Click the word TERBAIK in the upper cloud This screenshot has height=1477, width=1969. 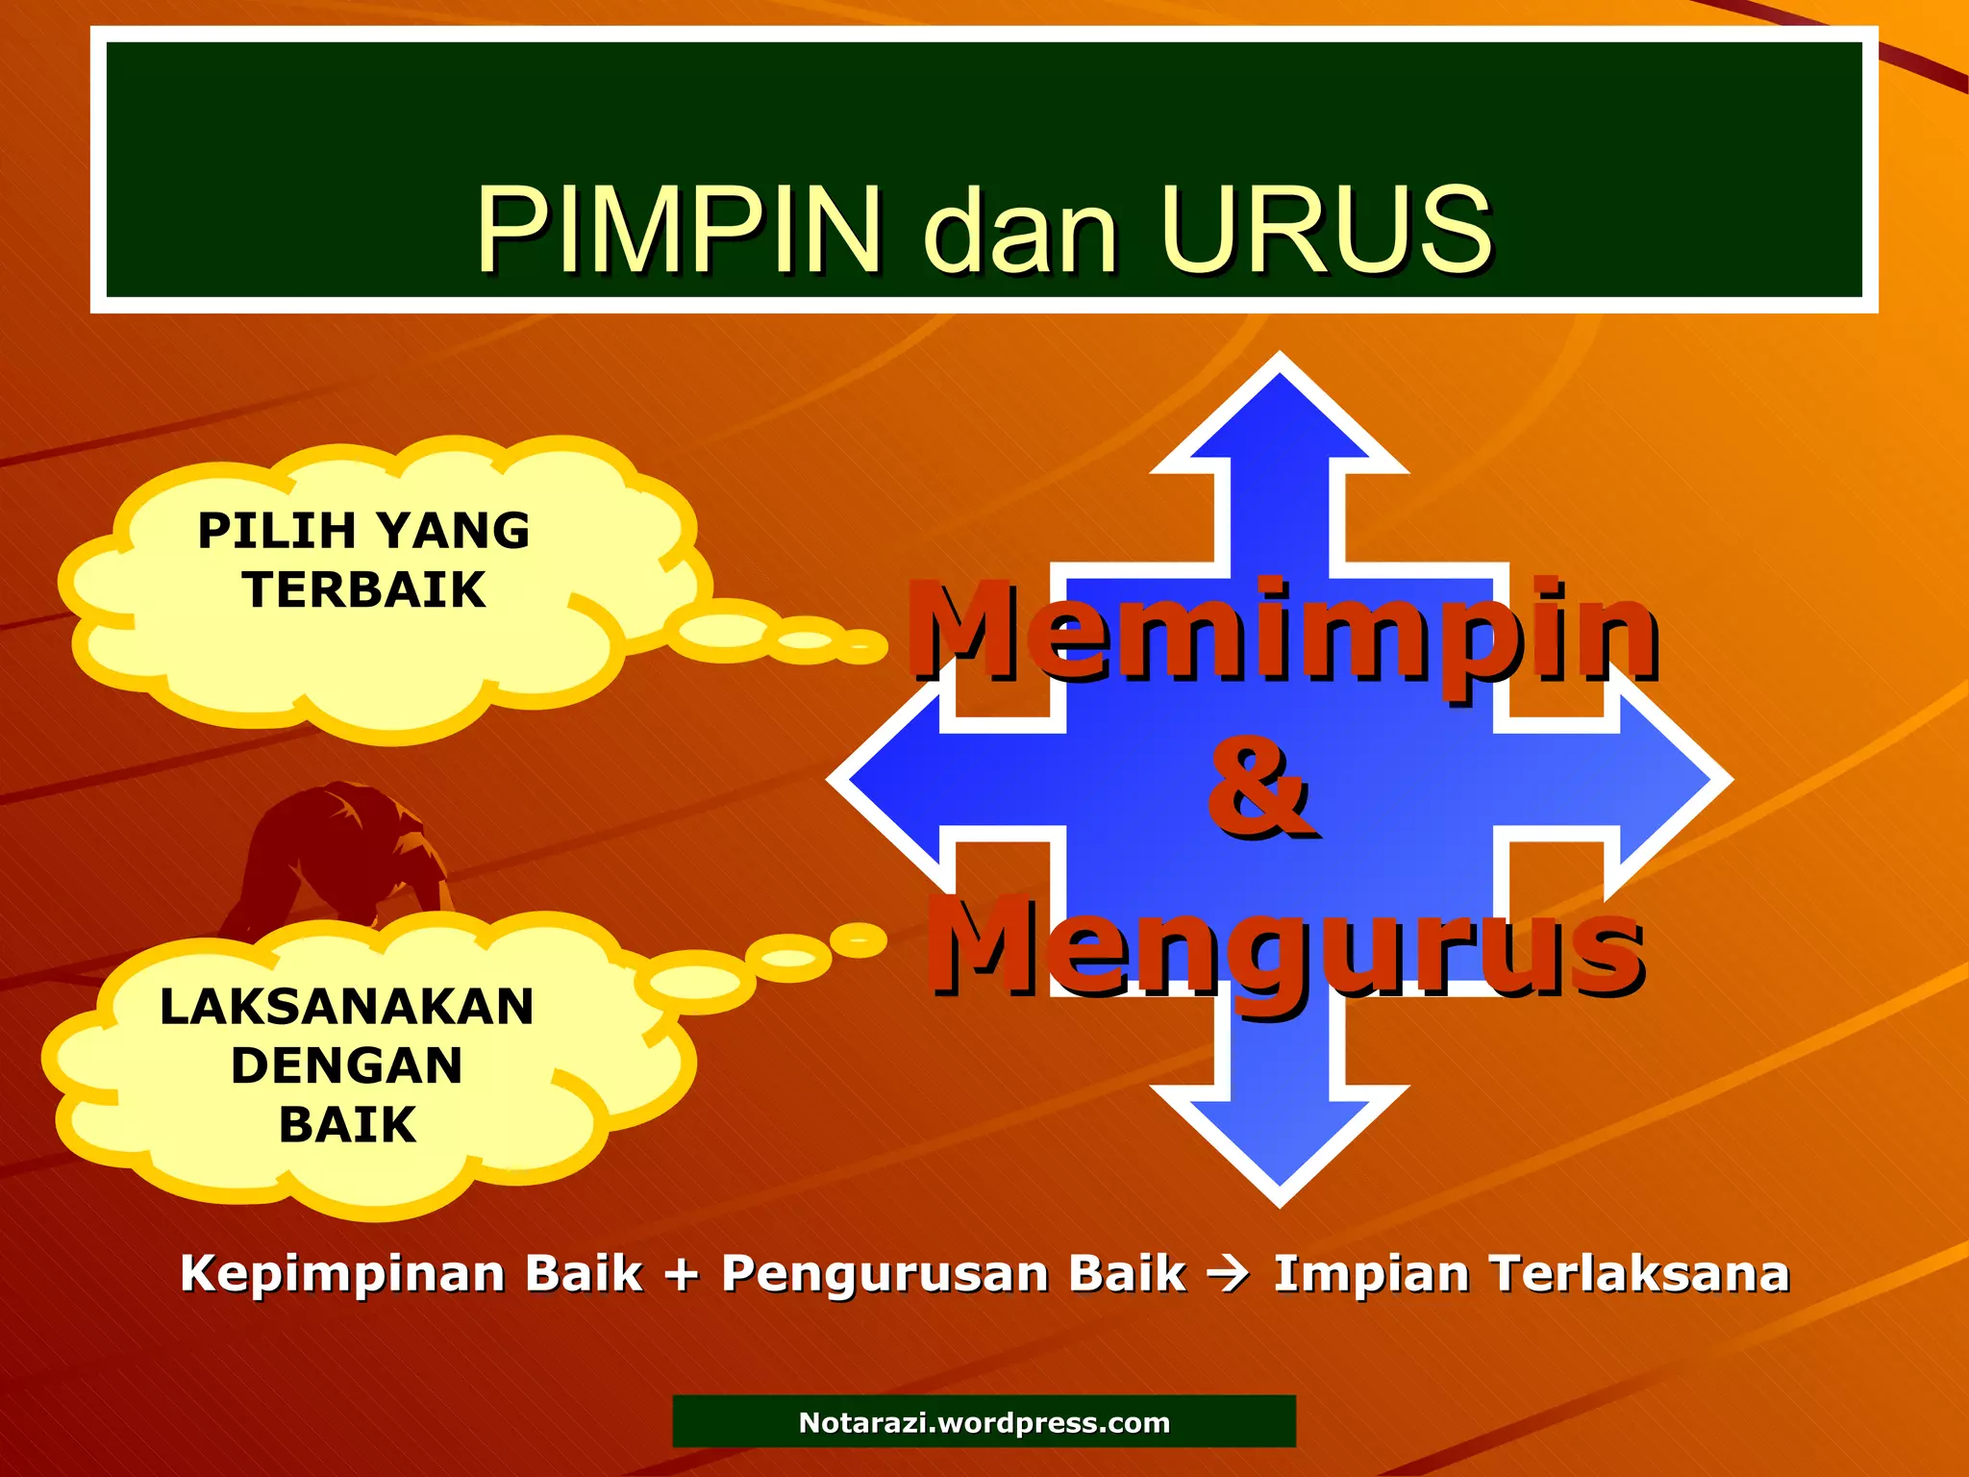[364, 589]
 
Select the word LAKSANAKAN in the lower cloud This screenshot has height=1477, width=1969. [347, 1007]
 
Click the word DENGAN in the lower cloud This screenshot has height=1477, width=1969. [347, 1065]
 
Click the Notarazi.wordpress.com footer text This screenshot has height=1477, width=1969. [984, 1422]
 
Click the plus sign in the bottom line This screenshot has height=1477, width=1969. [682, 1275]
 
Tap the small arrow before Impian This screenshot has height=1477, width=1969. [1229, 1275]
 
